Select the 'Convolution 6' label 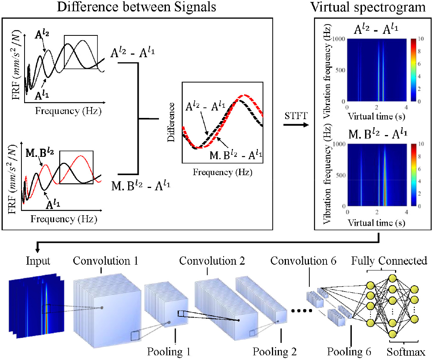coord(304,260)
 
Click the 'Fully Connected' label coord(390,260)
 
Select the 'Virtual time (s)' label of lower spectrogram coord(376,223)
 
